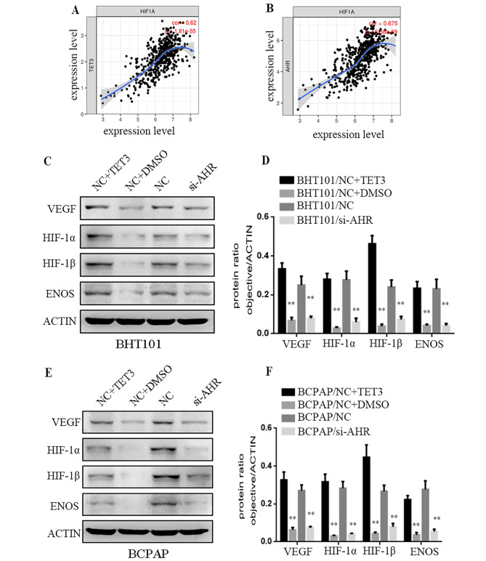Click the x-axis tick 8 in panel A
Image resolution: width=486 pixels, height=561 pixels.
click(190, 116)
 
